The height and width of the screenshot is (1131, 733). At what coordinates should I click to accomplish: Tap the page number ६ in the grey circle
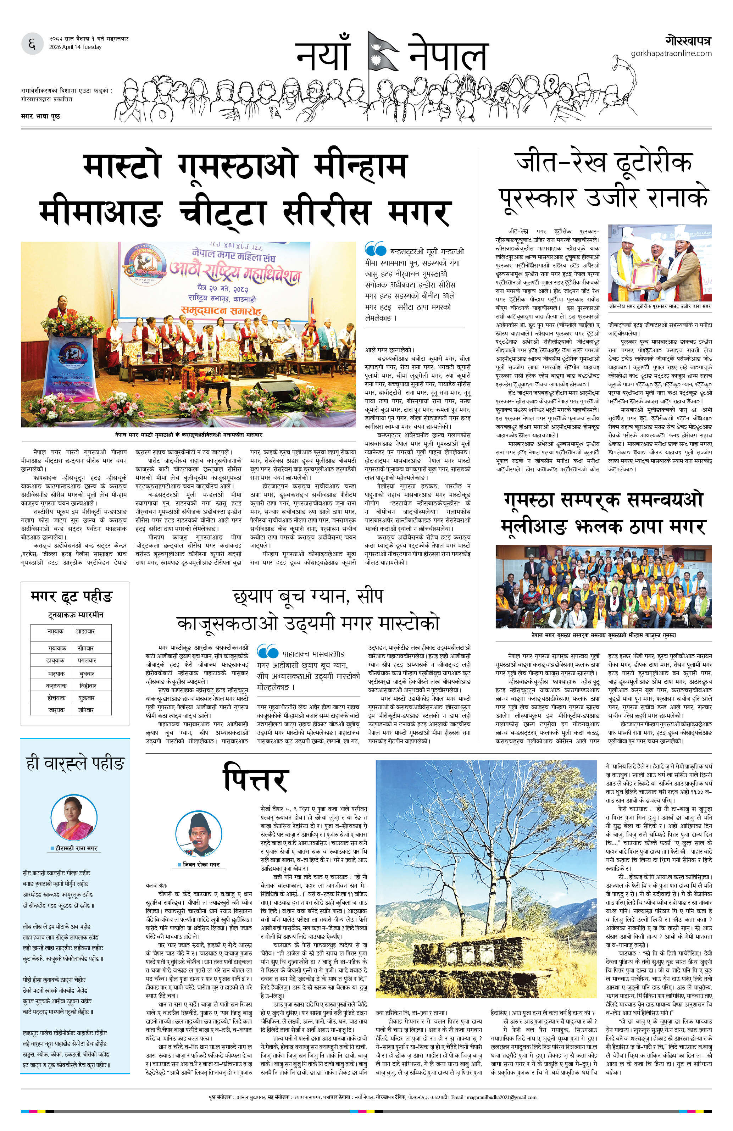click(32, 44)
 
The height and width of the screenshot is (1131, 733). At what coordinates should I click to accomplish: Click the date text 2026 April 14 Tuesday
click(75, 47)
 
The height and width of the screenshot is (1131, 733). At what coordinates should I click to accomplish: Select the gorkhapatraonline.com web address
click(671, 53)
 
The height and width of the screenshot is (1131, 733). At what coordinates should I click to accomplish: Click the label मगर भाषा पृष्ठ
click(40, 116)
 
